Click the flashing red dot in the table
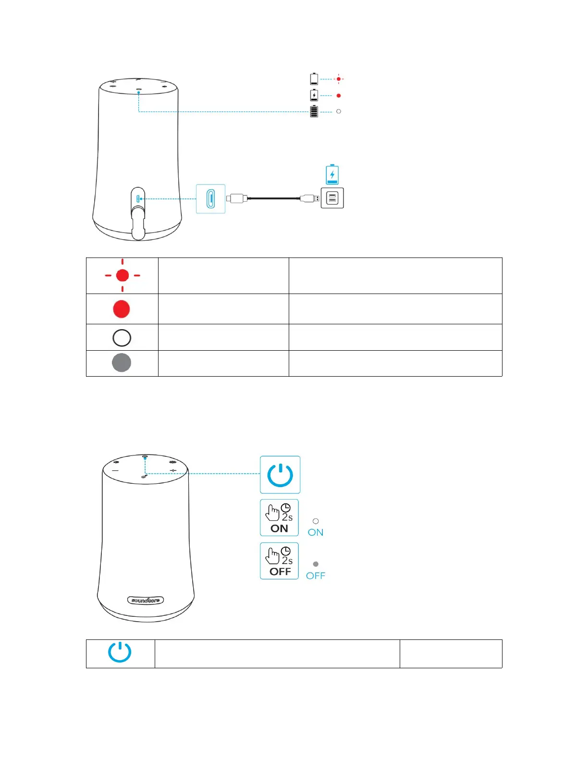click(122, 275)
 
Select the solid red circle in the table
click(122, 309)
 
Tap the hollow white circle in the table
click(122, 338)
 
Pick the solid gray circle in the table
click(122, 363)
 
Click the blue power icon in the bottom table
click(120, 652)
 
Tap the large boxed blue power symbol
click(280, 475)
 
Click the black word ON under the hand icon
click(279, 528)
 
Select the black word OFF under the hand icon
click(280, 572)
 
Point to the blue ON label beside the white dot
click(316, 532)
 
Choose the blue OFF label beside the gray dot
click(316, 576)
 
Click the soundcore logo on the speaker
click(146, 600)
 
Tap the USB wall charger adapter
click(332, 198)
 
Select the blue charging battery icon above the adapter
click(332, 174)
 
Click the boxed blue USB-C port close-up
click(210, 198)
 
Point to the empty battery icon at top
click(314, 79)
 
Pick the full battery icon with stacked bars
click(314, 111)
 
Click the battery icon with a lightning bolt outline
click(314, 95)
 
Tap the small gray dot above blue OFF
click(316, 564)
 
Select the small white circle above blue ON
click(316, 521)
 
